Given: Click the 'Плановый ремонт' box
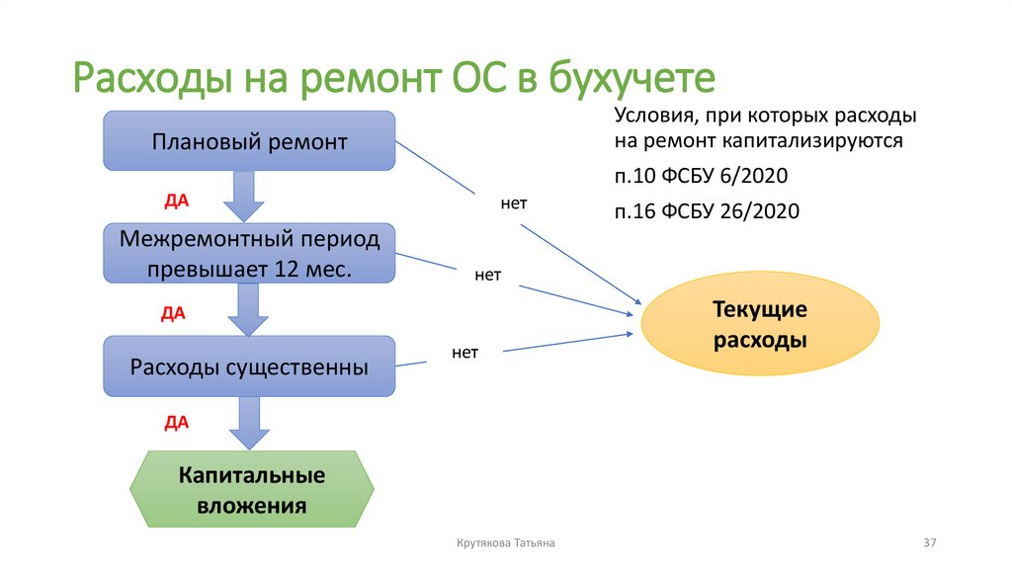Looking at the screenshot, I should (x=249, y=141).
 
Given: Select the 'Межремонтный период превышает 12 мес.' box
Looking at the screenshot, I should (x=249, y=254).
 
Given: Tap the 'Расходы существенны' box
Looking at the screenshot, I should (x=249, y=366).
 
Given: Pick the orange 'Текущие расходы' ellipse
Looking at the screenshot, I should (x=760, y=326).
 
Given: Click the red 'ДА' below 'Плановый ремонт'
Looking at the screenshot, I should (x=176, y=200).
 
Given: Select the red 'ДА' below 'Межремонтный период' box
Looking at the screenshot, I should (x=174, y=313).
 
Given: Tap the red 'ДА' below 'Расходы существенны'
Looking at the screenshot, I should (x=176, y=423).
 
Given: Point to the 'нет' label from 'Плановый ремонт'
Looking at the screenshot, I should (x=514, y=204).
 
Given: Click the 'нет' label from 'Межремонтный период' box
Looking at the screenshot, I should (x=487, y=276).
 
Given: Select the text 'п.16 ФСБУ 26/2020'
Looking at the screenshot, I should (x=706, y=210).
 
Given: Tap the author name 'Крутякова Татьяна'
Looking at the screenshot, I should (x=506, y=543).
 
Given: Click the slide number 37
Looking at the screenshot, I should (x=929, y=543).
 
